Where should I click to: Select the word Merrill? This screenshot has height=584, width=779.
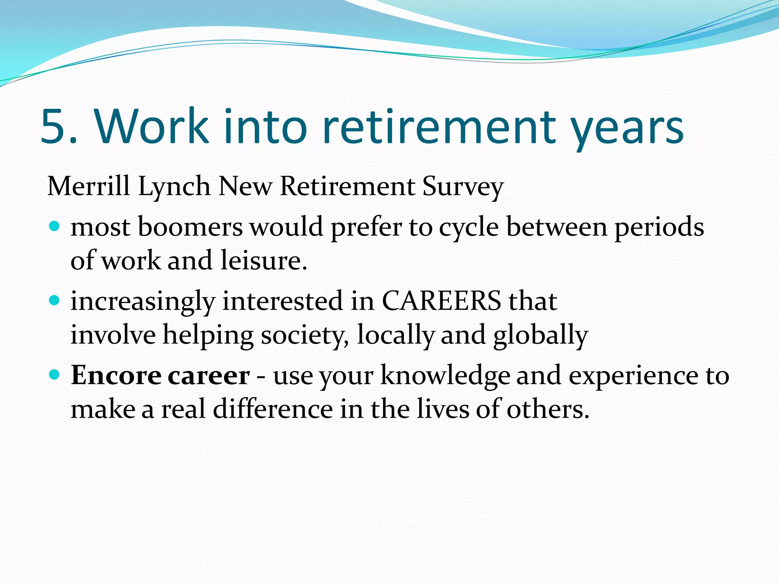tap(88, 186)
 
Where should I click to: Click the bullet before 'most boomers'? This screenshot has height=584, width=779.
tap(55, 227)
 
